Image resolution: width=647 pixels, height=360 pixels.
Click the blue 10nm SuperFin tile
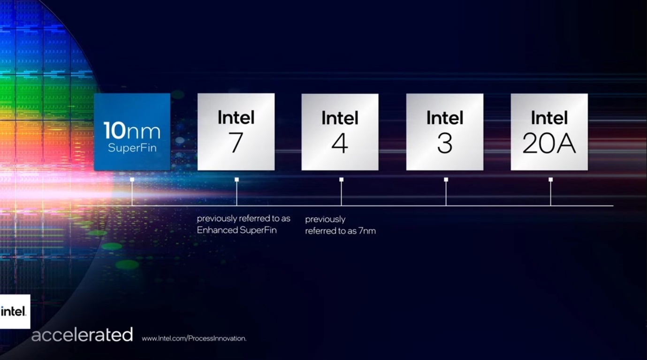(x=132, y=132)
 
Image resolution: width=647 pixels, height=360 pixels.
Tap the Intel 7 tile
(x=236, y=132)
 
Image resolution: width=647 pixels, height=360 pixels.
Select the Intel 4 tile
(x=340, y=132)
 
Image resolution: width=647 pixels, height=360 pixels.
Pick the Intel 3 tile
(x=445, y=132)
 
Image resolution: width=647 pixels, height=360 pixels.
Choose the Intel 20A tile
(x=549, y=132)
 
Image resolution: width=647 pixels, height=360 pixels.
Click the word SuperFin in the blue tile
(x=132, y=148)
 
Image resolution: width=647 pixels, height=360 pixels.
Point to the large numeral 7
(x=236, y=142)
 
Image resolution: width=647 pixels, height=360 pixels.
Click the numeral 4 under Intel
(x=340, y=143)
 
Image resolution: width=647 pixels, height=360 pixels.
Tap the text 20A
(x=549, y=143)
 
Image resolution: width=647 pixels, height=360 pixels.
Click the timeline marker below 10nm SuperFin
(x=132, y=180)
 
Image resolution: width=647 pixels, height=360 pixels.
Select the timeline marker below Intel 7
(x=237, y=180)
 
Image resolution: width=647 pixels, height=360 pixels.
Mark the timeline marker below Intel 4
(x=342, y=180)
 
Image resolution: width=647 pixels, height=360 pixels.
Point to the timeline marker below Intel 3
(x=446, y=180)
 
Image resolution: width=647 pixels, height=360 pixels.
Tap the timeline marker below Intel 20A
(x=550, y=180)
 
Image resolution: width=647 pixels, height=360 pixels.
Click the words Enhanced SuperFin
(x=237, y=230)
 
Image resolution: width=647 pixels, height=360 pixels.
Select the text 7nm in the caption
(x=367, y=231)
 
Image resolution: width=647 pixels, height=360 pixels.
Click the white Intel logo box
(x=15, y=312)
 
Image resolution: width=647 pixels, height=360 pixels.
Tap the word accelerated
(x=82, y=335)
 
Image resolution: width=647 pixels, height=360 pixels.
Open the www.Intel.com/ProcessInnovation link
(x=194, y=338)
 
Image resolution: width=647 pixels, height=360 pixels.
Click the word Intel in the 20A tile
(x=549, y=118)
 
